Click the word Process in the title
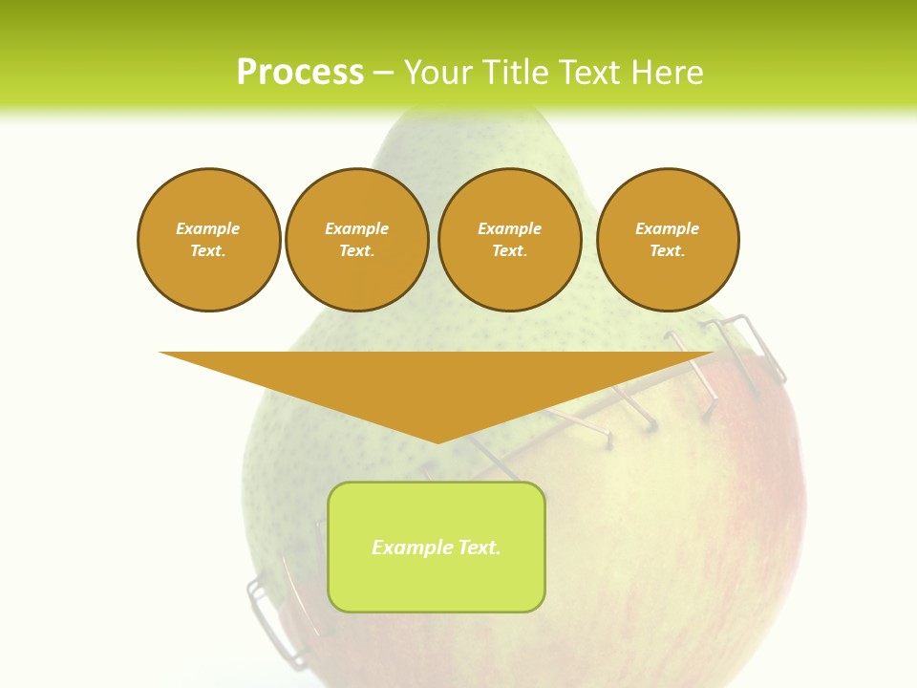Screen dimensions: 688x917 click(x=300, y=73)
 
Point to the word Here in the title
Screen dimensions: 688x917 click(x=668, y=73)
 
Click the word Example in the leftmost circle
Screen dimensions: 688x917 click(x=208, y=228)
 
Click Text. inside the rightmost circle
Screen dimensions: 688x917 click(x=668, y=250)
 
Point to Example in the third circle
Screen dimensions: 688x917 click(x=510, y=228)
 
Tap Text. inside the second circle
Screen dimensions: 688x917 click(x=357, y=250)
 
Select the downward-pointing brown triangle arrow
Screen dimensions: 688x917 click(x=437, y=382)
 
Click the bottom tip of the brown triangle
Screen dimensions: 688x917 click(x=437, y=441)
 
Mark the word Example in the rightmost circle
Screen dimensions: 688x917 click(x=668, y=228)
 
